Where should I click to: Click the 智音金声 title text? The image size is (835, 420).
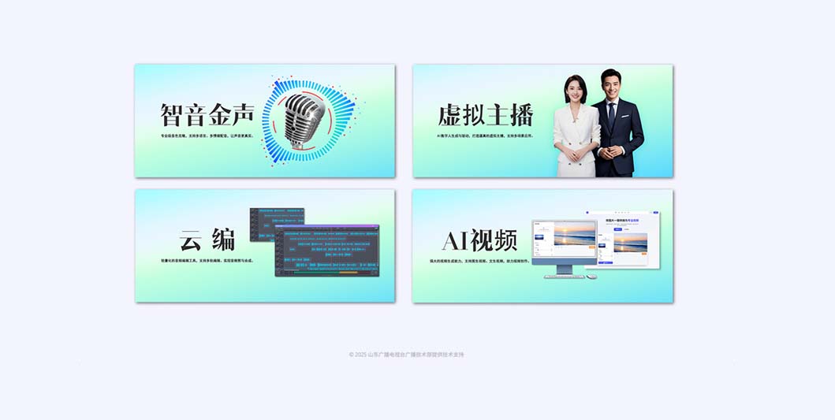coord(207,115)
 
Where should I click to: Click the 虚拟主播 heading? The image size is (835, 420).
coord(486,115)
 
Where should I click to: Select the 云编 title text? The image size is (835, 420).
coord(207,240)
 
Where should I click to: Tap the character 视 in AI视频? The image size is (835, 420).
coord(483,240)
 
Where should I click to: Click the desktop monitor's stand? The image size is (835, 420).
coord(565,269)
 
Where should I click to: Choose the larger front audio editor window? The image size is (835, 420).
coord(326,251)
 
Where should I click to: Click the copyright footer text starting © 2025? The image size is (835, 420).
coord(407,355)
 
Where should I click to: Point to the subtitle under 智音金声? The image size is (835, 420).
coord(207,136)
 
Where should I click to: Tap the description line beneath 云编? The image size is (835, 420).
coord(207,260)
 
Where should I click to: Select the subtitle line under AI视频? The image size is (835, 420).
coord(479,260)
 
